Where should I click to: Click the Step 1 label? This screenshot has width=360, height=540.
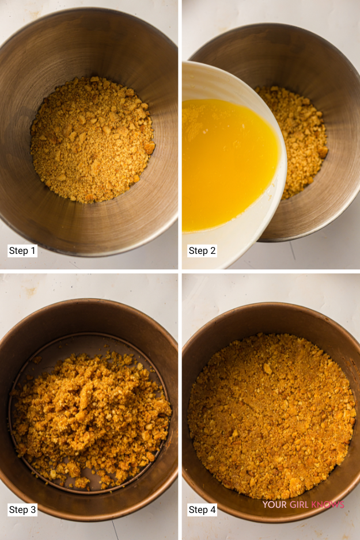(22, 251)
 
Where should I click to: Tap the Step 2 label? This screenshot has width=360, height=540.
(202, 251)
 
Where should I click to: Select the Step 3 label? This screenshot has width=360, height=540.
(22, 509)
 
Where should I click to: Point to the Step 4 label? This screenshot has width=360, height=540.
(202, 509)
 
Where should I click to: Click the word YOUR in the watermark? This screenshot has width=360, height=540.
(275, 505)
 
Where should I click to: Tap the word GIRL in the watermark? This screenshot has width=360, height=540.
(299, 505)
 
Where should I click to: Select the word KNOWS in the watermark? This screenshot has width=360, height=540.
(328, 505)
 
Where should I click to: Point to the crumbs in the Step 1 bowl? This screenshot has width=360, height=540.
(92, 139)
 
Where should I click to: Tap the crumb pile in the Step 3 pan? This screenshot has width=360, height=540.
(90, 419)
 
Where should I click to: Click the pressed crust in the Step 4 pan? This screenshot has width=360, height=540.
(271, 416)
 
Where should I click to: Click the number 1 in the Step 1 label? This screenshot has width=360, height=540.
(33, 251)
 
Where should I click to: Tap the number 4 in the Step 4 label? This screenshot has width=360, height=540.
(213, 509)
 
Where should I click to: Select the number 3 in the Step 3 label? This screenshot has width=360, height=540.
(33, 509)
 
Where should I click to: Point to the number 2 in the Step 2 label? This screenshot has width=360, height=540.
(213, 251)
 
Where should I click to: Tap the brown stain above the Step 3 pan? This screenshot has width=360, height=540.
(31, 291)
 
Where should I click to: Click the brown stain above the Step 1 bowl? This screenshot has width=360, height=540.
(34, 14)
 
